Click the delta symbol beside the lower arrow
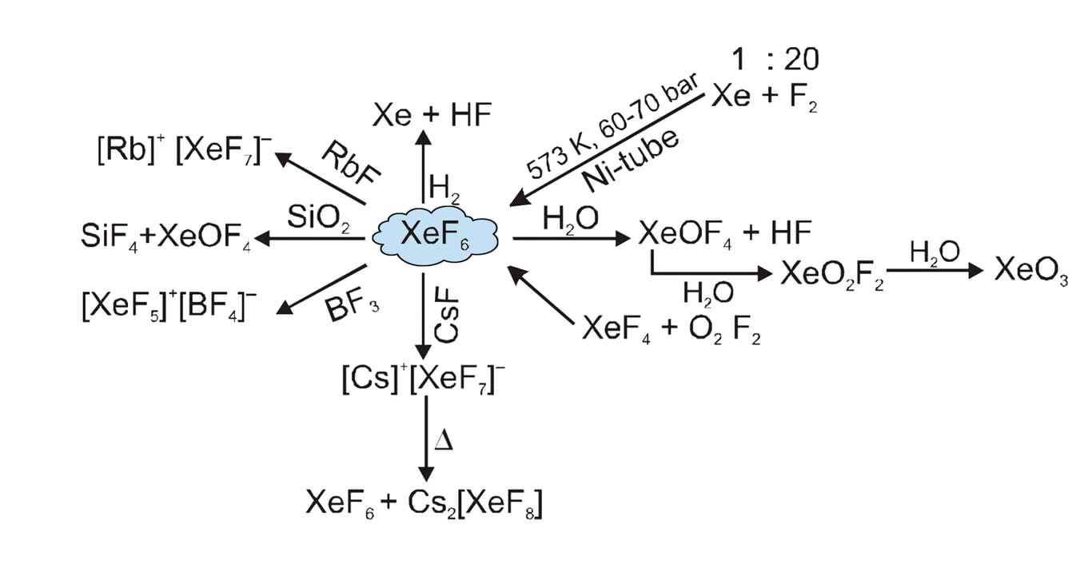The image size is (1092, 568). pos(443,440)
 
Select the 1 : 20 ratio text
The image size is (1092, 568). pos(775,59)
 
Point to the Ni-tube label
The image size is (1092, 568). pos(632,161)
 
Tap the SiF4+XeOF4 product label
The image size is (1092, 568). pos(166,237)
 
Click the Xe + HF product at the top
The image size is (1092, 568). pos(432,117)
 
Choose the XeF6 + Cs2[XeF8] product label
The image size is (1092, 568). pos(424,503)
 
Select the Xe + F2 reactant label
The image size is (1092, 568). pos(764,97)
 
